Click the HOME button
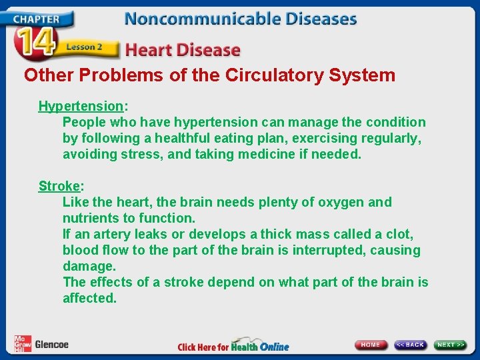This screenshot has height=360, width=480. [x=371, y=345]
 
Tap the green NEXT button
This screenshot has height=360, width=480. [x=451, y=345]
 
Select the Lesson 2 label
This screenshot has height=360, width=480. [x=84, y=48]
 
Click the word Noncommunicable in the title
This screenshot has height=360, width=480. [x=197, y=18]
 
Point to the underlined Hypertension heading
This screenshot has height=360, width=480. [x=81, y=106]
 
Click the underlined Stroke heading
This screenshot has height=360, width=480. [x=59, y=186]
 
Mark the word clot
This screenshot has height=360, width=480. [x=400, y=235]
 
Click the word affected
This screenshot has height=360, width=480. [x=89, y=299]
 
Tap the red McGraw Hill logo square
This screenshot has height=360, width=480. [x=22, y=343]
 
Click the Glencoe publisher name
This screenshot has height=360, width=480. [x=51, y=345]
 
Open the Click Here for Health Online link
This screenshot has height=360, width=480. [x=233, y=346]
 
